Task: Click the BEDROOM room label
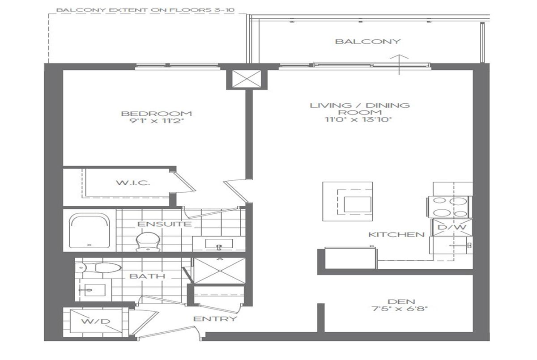156,114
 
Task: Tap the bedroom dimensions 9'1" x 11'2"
156,121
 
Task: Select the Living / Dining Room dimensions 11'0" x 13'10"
358,119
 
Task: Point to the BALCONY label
368,42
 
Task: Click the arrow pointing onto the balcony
399,65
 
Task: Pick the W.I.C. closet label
133,183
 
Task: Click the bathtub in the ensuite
89,231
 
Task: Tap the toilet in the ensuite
148,241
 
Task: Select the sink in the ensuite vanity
219,244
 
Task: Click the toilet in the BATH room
98,268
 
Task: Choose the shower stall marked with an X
219,271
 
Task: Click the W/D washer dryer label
96,321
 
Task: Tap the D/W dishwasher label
452,227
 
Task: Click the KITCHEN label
396,234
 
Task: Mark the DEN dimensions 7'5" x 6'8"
400,309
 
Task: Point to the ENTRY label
215,319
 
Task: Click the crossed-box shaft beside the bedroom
247,79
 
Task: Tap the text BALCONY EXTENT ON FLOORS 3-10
145,10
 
